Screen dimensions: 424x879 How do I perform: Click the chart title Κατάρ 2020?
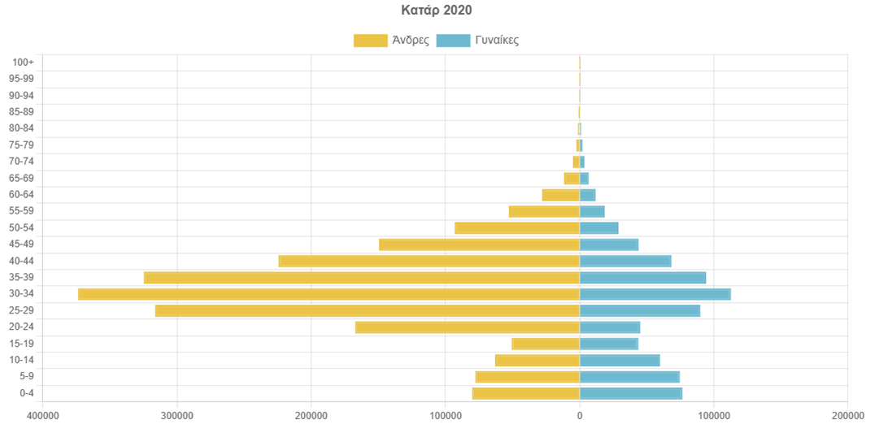coord(436,11)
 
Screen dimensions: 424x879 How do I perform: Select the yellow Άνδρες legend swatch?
coord(370,41)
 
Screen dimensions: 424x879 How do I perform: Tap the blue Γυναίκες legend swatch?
coord(452,41)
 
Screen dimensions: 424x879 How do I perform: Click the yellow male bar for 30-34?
coord(329,294)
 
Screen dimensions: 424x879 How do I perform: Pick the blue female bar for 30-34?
coord(655,294)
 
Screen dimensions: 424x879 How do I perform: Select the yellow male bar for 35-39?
coord(361,278)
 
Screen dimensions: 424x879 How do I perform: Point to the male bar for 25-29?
coord(367,311)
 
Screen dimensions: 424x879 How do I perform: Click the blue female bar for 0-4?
coord(630,394)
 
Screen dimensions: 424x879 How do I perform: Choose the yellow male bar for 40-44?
coord(429,261)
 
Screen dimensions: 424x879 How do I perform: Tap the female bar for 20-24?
coord(609,327)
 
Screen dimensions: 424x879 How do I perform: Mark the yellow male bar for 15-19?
coord(545,344)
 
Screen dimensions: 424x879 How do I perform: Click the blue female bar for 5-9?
coord(629,377)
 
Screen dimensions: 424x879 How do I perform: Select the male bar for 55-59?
coord(544,211)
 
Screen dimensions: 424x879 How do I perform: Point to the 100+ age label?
coord(24,63)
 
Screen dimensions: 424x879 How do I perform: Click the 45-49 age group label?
coord(21,244)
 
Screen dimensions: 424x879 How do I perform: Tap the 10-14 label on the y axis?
coord(21,361)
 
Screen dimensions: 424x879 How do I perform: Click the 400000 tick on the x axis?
coord(42,415)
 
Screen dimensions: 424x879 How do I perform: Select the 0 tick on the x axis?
coord(580,415)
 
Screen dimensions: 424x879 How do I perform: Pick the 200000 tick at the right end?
coord(847,415)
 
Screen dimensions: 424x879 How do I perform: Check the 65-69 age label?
coord(21,178)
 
